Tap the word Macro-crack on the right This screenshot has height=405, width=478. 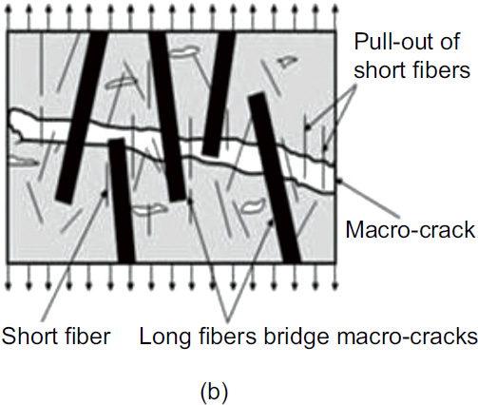pos(411,229)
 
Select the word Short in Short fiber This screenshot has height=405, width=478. pos(29,336)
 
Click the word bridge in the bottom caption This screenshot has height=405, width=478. pos(296,337)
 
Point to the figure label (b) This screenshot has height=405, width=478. pos(214,393)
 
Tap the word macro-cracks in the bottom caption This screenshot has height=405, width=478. pos(407,337)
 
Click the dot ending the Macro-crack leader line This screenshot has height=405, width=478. pos(339,181)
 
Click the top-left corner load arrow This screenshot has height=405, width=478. pos(9,17)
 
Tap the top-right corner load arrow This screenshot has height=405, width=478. pos(335,17)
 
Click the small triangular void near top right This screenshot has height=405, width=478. pos(287,61)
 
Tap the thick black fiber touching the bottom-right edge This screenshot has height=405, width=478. pos(274,178)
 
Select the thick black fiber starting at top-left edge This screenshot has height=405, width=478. pos(82,117)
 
